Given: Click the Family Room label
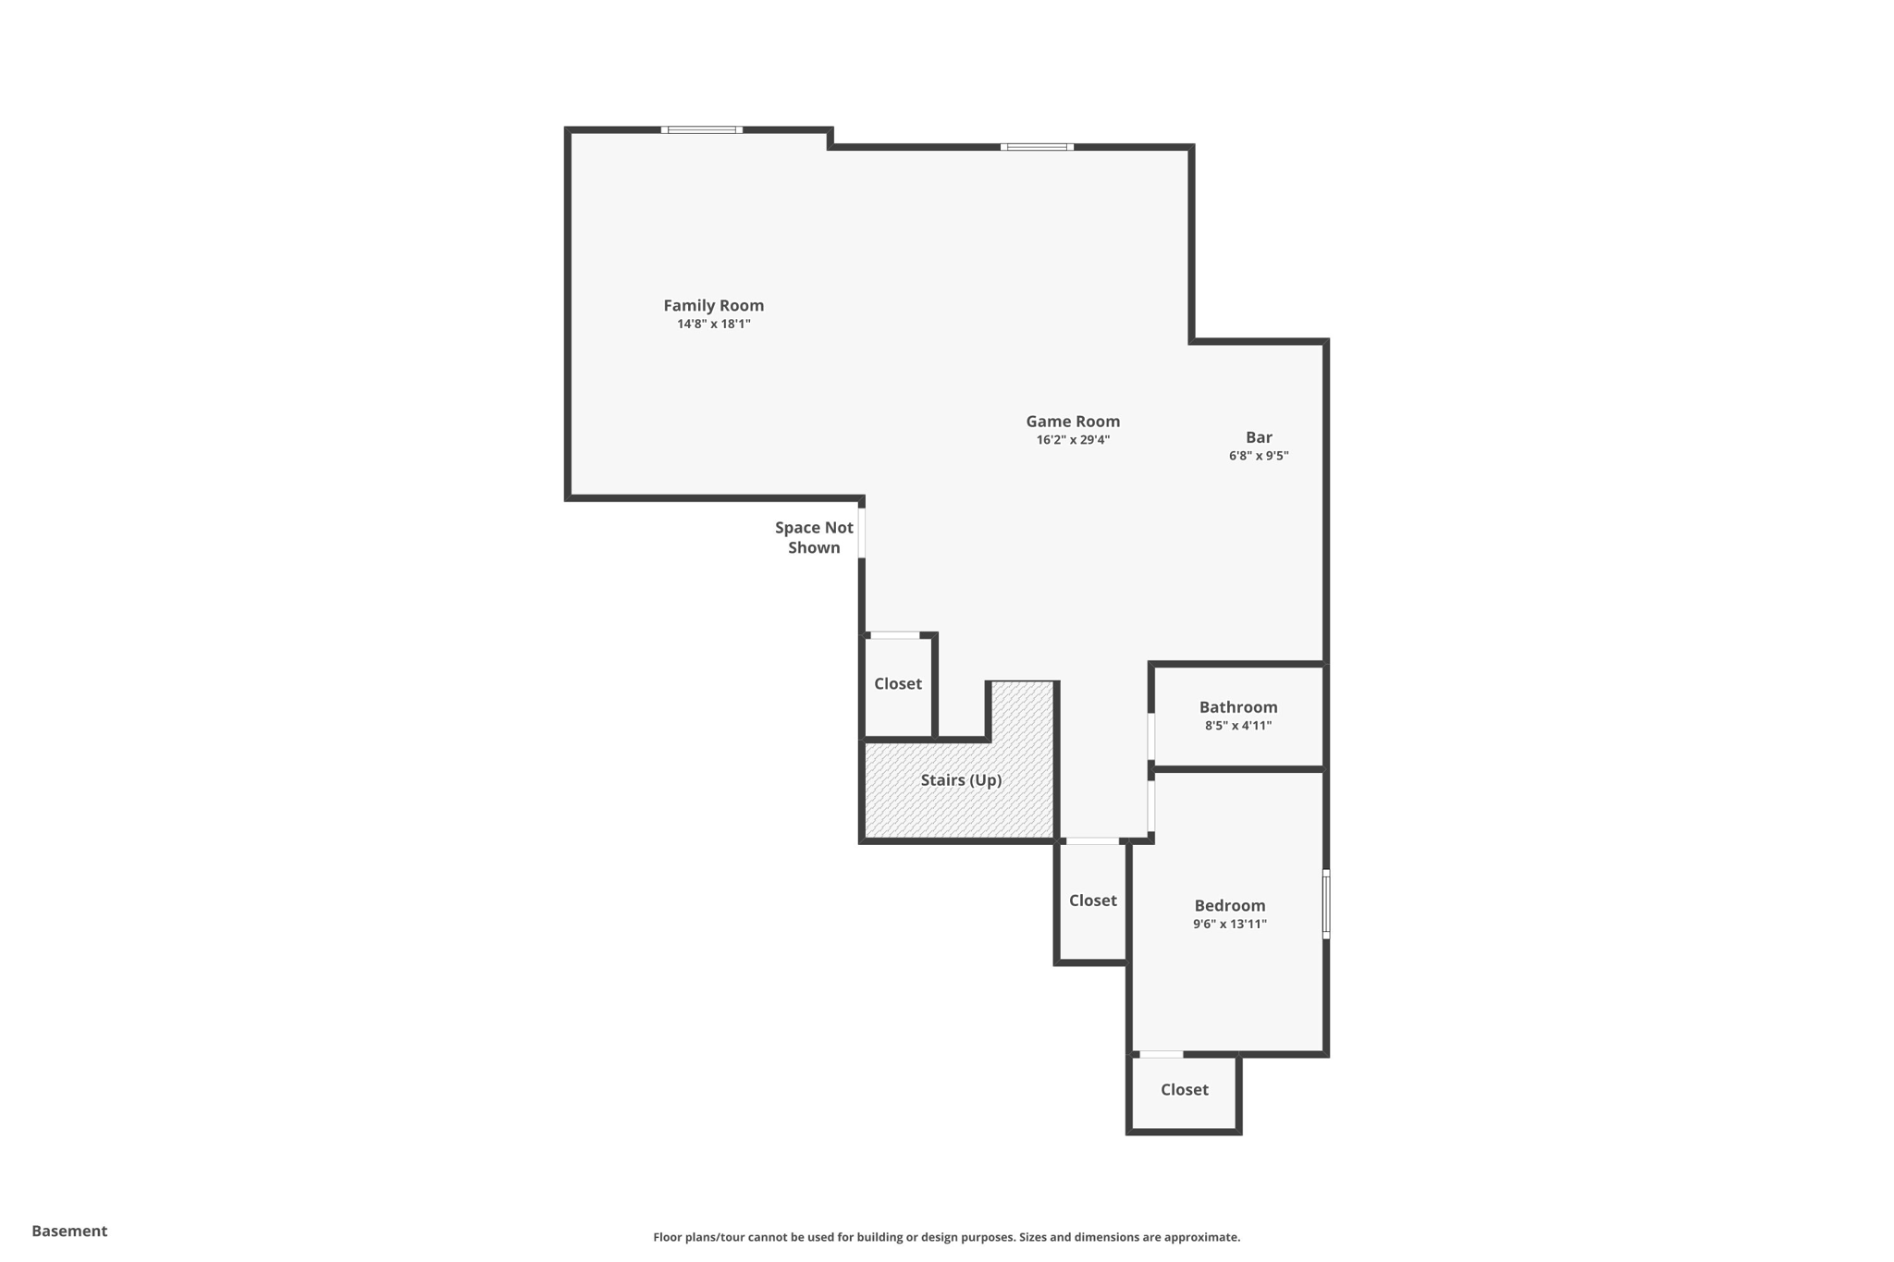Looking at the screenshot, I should (x=713, y=305).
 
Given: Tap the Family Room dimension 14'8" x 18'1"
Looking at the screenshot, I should (x=713, y=325).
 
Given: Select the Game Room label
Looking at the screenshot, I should (x=1073, y=422).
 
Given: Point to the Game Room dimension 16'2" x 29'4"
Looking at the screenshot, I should (x=1073, y=440).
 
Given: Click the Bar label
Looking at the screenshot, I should (x=1259, y=437).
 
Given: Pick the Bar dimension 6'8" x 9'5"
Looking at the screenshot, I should (x=1259, y=456).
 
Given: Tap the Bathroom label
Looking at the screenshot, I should (x=1238, y=707).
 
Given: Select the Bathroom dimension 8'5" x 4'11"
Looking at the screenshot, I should (x=1238, y=726).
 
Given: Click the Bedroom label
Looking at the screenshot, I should (x=1229, y=906).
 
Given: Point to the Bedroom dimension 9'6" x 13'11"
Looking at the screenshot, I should (x=1229, y=925).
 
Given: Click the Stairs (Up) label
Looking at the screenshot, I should (x=961, y=780).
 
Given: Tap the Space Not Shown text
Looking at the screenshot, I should (x=814, y=537).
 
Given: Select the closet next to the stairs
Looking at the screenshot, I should (x=898, y=684).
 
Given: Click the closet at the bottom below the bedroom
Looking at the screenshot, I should (x=1184, y=1090).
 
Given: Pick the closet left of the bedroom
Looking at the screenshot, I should (x=1092, y=901).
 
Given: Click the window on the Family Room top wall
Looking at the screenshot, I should (x=702, y=130).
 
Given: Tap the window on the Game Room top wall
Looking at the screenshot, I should (x=1037, y=147).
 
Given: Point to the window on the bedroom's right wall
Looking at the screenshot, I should (x=1326, y=904).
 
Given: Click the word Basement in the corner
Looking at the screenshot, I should (x=69, y=1231).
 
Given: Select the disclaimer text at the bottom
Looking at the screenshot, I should (x=946, y=1237).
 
